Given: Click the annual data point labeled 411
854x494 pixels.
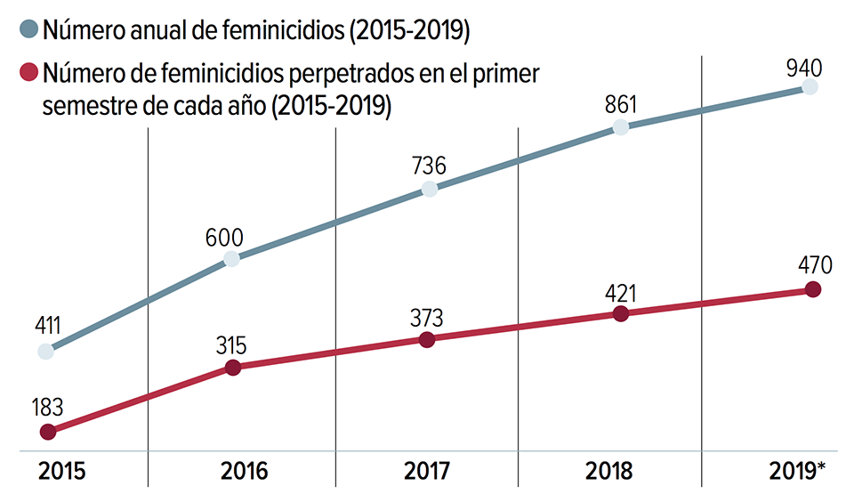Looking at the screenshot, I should tap(46, 351).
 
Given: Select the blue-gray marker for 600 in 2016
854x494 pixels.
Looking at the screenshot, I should tap(231, 259).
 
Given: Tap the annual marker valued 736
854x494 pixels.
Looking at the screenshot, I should tap(429, 189).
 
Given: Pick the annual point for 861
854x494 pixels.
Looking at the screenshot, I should tap(621, 126).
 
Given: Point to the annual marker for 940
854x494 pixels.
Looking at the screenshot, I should tap(810, 86).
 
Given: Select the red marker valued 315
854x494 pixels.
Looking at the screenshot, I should tap(233, 367).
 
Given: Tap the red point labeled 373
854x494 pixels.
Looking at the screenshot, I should tap(427, 339).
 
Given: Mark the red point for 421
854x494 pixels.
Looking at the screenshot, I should tap(621, 313).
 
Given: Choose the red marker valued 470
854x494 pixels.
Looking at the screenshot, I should tap(811, 289).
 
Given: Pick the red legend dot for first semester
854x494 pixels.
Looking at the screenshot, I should tap(28, 72).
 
